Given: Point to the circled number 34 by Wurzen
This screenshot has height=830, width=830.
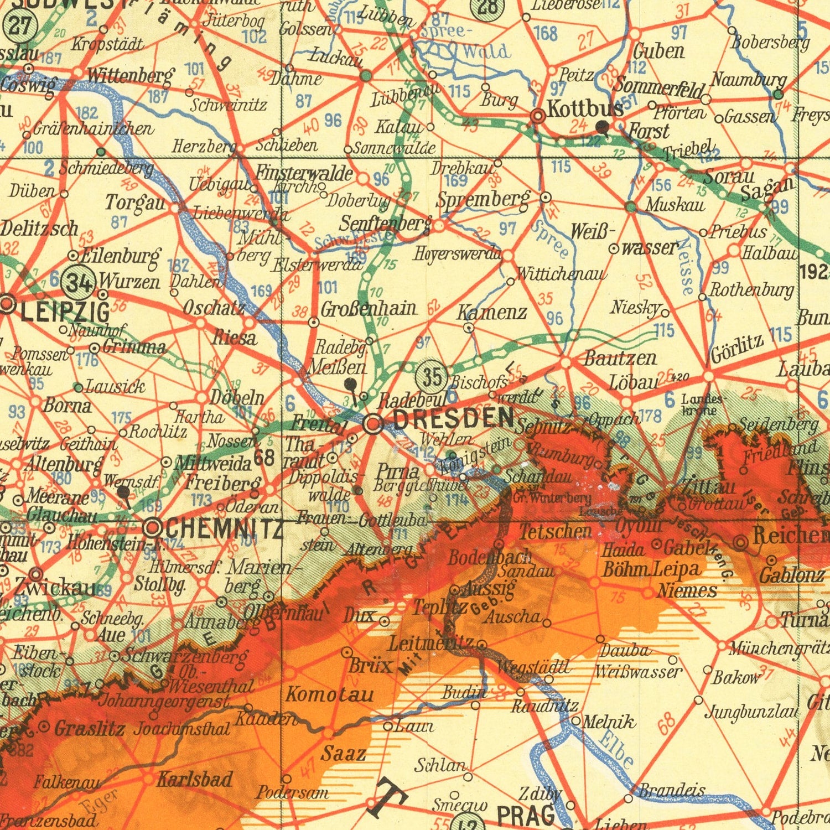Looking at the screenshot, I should coord(80,283).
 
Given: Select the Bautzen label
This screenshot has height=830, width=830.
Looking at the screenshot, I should coord(620,359).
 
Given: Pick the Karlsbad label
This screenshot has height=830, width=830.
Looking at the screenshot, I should coord(194,779).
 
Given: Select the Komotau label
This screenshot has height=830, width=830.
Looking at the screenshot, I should coord(330,694).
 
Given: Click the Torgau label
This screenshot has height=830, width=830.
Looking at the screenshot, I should coord(136,203).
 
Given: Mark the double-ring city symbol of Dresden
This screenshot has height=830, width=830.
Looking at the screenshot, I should coord(373,424).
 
